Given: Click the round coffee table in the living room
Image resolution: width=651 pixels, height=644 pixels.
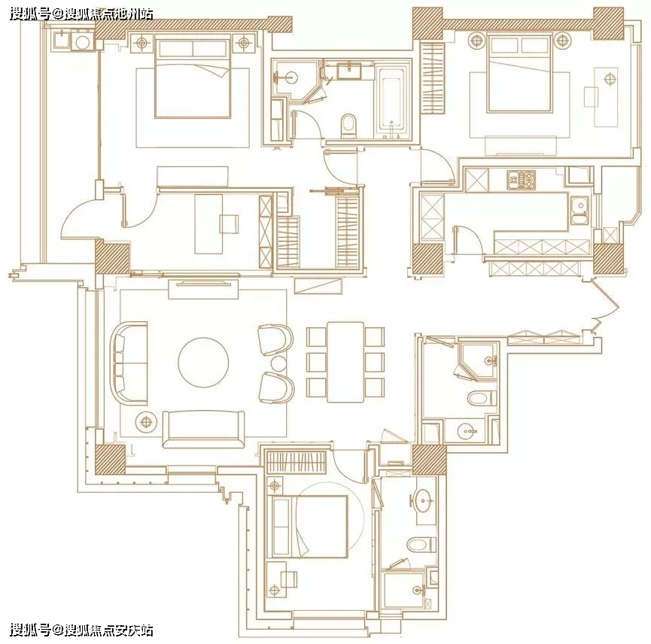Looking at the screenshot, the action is tap(203, 362).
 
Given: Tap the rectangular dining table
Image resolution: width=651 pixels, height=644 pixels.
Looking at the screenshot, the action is tap(345, 362).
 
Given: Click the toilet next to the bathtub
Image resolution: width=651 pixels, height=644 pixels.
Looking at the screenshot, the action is tap(348, 126).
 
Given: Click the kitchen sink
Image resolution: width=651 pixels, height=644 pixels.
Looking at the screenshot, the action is tap(579, 211).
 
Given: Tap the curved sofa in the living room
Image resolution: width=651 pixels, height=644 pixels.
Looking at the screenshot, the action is tap(129, 363).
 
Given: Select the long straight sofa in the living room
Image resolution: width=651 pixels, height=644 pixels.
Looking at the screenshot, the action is tap(203, 429).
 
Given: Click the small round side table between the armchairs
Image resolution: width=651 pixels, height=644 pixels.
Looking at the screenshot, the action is tap(278, 363).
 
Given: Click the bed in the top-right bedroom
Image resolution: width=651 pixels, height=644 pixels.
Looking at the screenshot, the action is tap(520, 74).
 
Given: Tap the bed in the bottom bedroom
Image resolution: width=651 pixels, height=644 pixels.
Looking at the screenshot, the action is tap(309, 526).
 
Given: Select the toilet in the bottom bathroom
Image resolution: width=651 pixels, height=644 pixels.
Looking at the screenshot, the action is tap(421, 545).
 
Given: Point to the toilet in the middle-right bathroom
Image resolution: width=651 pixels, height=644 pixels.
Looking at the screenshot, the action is tap(482, 398).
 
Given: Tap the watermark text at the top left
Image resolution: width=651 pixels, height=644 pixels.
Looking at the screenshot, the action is tap(81, 14).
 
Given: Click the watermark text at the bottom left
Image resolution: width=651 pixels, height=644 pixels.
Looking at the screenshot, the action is tap(81, 630).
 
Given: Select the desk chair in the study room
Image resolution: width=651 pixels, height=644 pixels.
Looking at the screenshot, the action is tap(230, 224).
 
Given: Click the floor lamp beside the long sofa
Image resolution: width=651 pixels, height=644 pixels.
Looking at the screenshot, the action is tap(146, 422).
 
